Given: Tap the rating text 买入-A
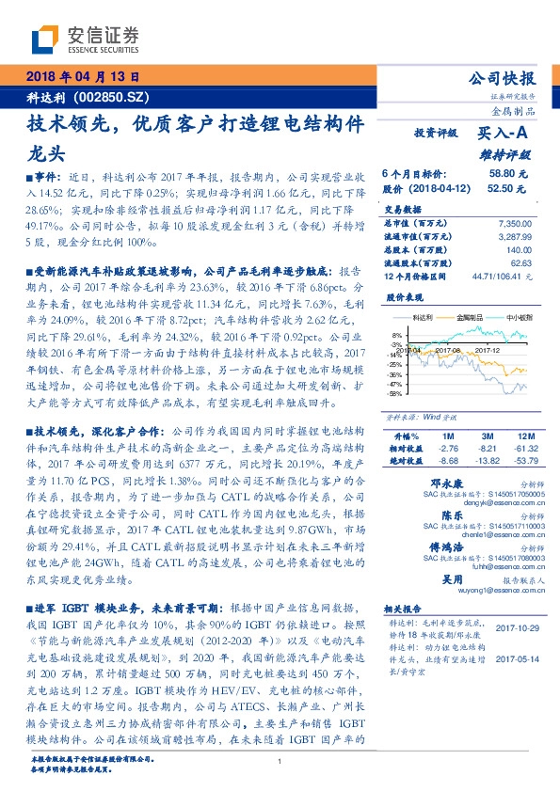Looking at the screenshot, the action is tap(503, 135).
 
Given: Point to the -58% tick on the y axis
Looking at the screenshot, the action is tap(395, 394).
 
